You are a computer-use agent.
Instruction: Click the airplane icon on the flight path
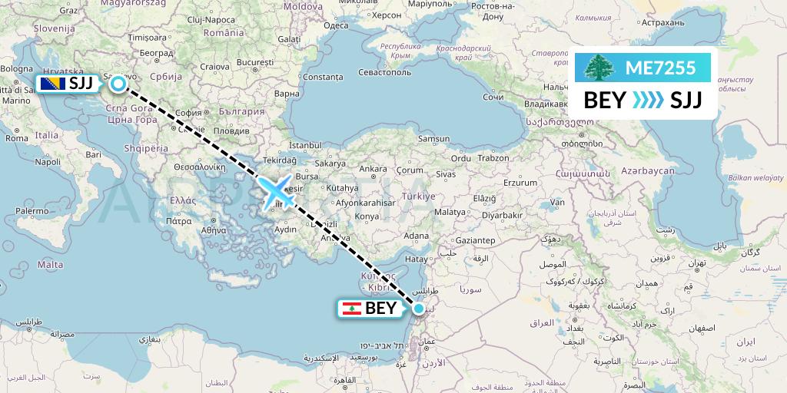coord(277,190)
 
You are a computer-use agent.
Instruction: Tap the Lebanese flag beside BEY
coord(351,309)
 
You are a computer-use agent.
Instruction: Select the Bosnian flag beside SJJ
coord(51,84)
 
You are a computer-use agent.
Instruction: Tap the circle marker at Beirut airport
coord(419,309)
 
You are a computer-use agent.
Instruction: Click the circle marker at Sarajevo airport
coord(118,84)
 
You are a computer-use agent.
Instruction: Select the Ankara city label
coord(374,169)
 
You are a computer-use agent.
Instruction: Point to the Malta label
coord(51,263)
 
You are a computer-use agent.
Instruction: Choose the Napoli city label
coord(48,162)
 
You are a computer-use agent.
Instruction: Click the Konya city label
coord(367,216)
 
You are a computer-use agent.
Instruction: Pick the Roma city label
coord(15,137)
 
